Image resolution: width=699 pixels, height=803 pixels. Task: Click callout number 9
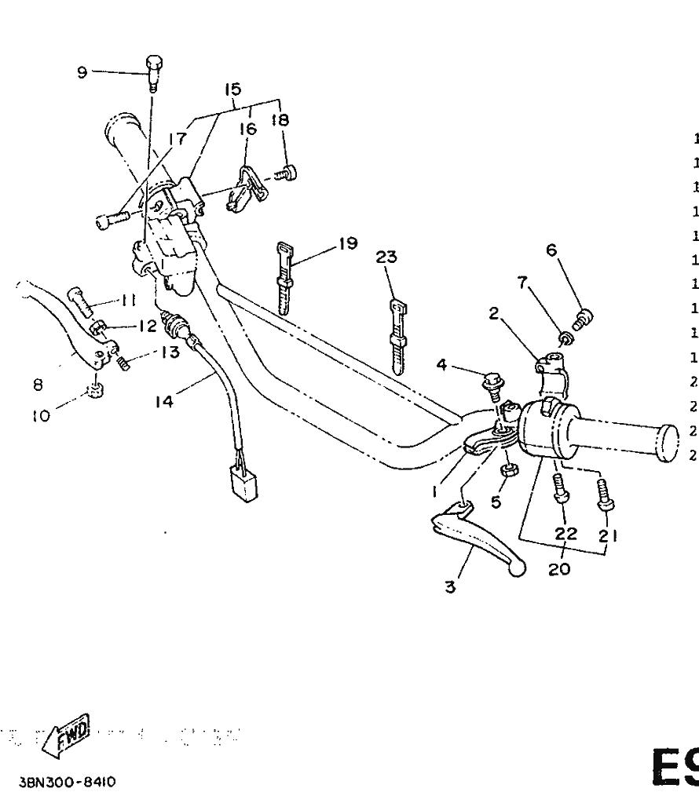[81, 72]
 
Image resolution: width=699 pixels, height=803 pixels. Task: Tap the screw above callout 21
[606, 493]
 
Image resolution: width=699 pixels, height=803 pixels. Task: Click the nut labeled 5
[508, 470]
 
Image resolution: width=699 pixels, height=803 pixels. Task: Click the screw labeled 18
[289, 172]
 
